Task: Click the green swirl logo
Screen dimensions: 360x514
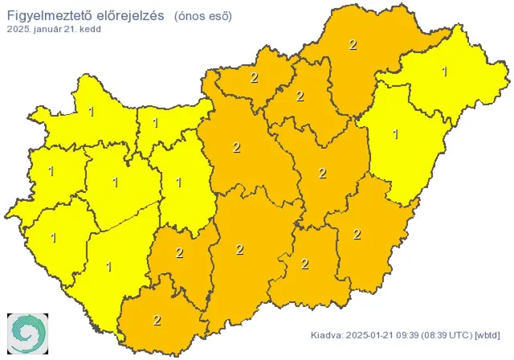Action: [x=27, y=331]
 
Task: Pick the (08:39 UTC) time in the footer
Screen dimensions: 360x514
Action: [x=447, y=334]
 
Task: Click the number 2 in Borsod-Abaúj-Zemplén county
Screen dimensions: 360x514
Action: [x=353, y=45]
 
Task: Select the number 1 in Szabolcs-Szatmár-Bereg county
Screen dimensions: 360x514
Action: [x=445, y=72]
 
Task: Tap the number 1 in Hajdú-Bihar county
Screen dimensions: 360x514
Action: [x=395, y=133]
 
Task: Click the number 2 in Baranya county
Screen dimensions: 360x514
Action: [x=157, y=320]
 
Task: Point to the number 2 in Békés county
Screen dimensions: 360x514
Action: [x=357, y=235]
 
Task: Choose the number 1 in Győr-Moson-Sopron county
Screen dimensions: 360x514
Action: [x=91, y=112]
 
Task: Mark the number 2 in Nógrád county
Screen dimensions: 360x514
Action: [x=254, y=78]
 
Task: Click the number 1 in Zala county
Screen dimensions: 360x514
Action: [x=54, y=238]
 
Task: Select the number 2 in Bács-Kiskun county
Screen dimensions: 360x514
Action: [x=239, y=249]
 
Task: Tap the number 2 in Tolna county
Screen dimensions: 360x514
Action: [x=179, y=254]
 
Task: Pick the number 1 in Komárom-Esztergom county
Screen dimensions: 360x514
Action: [x=155, y=124]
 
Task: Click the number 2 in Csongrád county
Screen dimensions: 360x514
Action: [x=304, y=264]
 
